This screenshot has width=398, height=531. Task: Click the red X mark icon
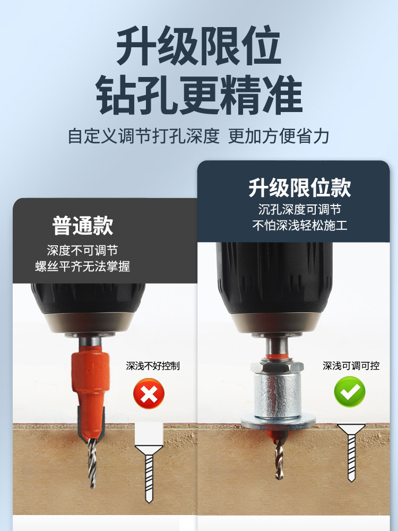click(x=149, y=393)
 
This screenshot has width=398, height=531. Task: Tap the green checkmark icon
click(x=350, y=391)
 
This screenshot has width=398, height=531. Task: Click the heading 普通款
click(x=83, y=226)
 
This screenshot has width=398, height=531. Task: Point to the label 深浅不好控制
click(x=153, y=366)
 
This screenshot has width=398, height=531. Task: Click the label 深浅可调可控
click(x=351, y=366)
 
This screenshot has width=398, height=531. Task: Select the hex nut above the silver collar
click(x=277, y=367)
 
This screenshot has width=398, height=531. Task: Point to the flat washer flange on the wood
click(x=278, y=422)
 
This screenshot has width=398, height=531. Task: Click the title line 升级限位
click(x=198, y=45)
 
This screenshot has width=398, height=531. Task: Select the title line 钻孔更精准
click(x=200, y=95)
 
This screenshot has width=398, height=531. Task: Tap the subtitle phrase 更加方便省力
click(x=279, y=136)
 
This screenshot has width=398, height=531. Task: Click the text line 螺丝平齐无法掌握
click(x=83, y=267)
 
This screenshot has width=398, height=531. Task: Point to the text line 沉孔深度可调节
click(x=300, y=209)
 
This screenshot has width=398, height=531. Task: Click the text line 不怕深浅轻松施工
click(x=300, y=225)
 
